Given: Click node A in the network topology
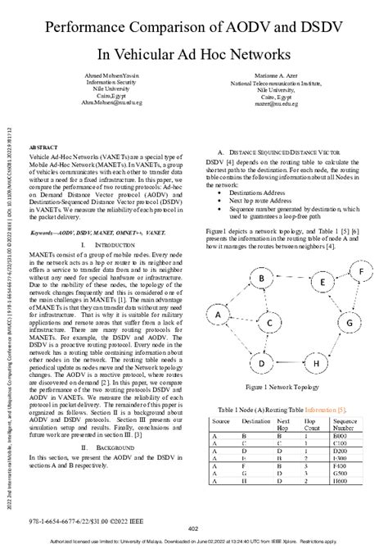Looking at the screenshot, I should tap(218, 314).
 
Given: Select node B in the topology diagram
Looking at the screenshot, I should tap(261, 279).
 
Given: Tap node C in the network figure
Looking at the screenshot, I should tap(268, 324).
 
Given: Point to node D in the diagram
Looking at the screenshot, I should tap(261, 364).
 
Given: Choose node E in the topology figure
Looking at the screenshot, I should tap(323, 283).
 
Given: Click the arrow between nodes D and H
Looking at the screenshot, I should tap(289, 364).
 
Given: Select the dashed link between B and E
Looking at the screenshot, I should tap(292, 280).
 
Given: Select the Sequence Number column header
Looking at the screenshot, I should tap(344, 423).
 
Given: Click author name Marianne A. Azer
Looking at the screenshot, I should tap(281, 75).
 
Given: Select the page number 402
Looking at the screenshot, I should tap(193, 529).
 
